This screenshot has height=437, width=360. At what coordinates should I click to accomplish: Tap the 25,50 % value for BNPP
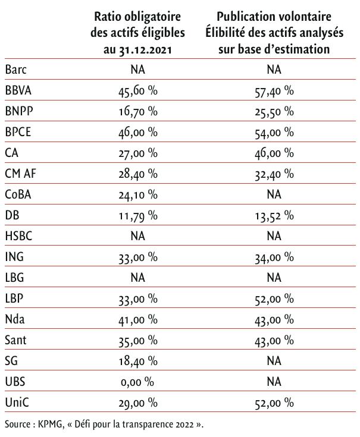pos(274,112)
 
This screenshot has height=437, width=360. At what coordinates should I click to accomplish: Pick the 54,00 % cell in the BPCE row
pos(274,133)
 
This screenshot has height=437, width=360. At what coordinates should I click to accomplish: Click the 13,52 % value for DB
pos(274,215)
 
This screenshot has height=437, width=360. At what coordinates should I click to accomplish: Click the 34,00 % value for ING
pos(274,257)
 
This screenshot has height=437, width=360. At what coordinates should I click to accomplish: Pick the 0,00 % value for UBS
pos(137,382)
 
